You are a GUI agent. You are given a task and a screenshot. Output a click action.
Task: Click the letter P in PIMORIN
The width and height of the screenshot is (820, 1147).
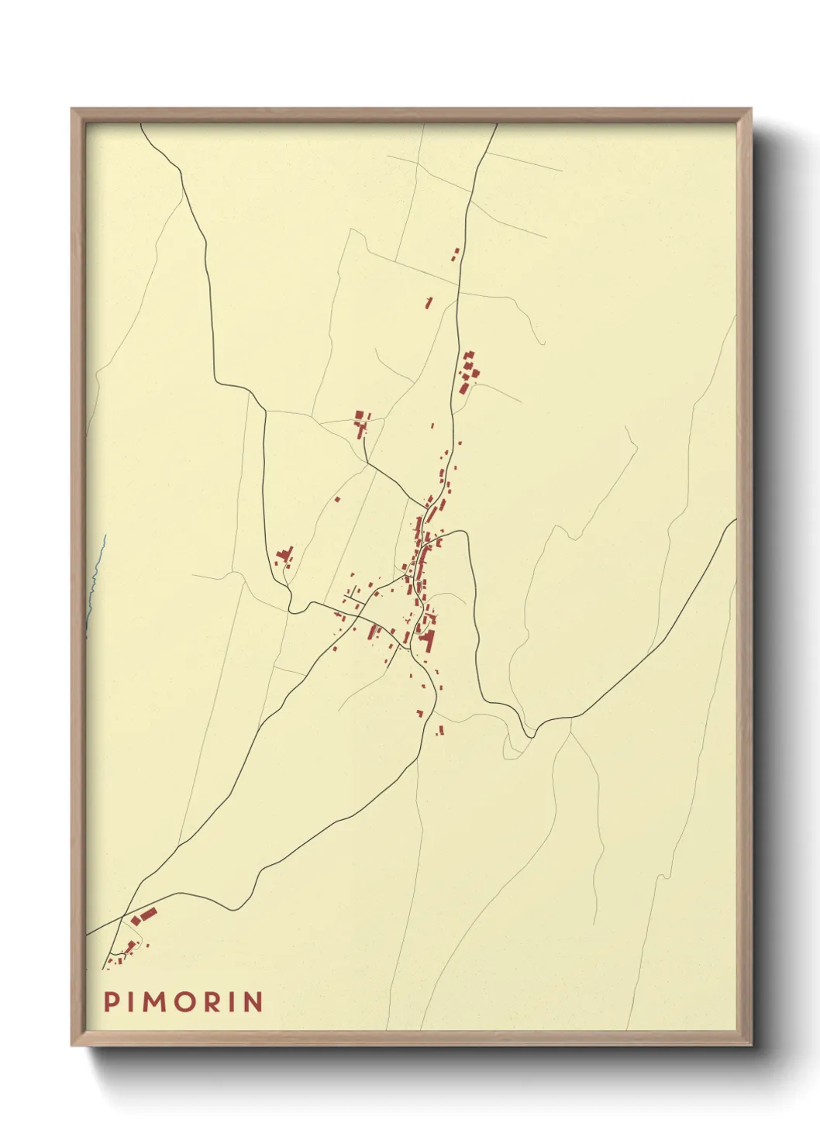pyautogui.click(x=112, y=1001)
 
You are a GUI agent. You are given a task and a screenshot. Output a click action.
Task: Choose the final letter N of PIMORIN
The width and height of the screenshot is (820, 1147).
pyautogui.click(x=253, y=1001)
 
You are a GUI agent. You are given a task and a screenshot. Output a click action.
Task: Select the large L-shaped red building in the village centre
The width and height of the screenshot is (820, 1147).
pyautogui.click(x=427, y=640)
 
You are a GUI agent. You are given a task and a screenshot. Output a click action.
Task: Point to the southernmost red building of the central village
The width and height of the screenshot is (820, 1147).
pyautogui.click(x=440, y=729)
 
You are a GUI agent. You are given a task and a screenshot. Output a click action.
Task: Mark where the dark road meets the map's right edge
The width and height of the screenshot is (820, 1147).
pyautogui.click(x=734, y=521)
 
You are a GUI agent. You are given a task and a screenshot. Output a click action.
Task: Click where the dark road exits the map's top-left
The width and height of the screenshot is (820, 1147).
pyautogui.click(x=142, y=125)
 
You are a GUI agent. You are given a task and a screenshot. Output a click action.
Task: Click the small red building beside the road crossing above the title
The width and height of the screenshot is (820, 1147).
pyautogui.click(x=131, y=945)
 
